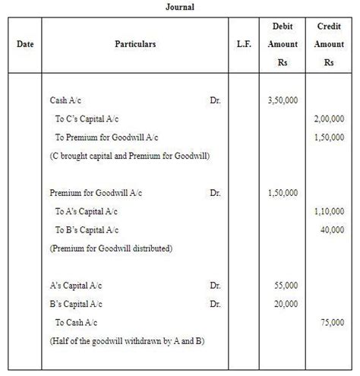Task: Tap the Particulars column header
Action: [135, 45]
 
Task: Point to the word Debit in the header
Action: [283, 27]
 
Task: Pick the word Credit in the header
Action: [329, 27]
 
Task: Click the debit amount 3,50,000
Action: [283, 100]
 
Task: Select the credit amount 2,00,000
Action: [329, 119]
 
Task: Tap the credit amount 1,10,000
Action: [329, 212]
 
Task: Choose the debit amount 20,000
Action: [285, 304]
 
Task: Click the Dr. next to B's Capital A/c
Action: [215, 304]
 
